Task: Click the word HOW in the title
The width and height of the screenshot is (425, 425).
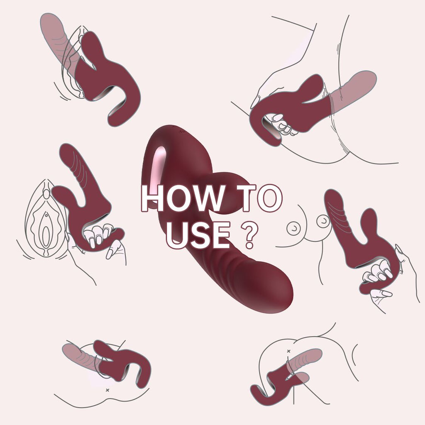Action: click(183, 198)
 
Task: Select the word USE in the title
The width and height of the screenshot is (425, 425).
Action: click(198, 235)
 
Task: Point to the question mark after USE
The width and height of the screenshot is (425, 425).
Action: click(249, 235)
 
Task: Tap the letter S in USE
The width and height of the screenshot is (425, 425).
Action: click(199, 235)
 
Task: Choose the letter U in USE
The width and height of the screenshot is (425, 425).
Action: click(177, 235)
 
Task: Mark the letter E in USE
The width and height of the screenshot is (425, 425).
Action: click(221, 235)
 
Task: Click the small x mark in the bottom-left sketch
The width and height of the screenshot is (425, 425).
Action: click(107, 390)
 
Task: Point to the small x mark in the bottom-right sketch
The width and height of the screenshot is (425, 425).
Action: click(288, 351)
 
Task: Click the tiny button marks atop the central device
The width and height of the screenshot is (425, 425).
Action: click(181, 131)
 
